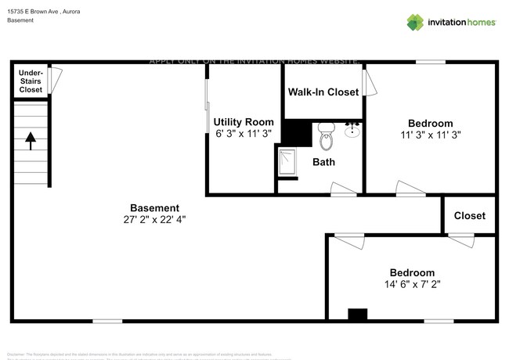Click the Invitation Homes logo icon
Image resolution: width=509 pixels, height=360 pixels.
414,22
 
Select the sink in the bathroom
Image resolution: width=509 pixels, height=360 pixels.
352,129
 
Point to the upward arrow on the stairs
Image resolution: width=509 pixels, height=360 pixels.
31,141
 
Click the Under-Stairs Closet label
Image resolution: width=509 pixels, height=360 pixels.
31,81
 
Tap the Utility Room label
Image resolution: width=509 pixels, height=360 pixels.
244,121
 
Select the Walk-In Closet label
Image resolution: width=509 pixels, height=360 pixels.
323,92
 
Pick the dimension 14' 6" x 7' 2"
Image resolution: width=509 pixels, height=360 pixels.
412,284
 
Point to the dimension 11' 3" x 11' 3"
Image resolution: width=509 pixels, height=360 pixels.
430,135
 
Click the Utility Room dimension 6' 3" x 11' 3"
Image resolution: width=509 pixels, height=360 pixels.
244,133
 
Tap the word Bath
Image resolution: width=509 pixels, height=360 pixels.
323,163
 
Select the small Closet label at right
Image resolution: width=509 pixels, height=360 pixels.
469,215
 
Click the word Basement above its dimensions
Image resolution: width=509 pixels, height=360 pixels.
154,207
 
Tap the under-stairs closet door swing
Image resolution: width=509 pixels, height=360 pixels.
55,77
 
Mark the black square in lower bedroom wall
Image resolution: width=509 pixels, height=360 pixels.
357,314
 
